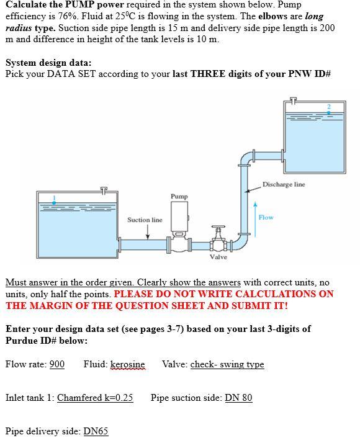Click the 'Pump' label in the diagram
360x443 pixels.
[x=179, y=196]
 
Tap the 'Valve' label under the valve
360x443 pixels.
[x=218, y=256]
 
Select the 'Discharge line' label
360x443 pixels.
[x=284, y=184]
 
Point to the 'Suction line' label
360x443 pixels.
[x=145, y=220]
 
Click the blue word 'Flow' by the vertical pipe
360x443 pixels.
[x=266, y=217]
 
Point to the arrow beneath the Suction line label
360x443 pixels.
[x=148, y=231]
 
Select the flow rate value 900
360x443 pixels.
[x=56, y=364]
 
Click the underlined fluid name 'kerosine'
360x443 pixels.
[x=127, y=364]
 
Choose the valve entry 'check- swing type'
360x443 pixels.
[x=227, y=364]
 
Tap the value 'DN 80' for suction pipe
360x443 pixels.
[x=238, y=398]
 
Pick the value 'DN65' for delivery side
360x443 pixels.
[x=96, y=431]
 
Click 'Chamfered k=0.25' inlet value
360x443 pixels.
[x=95, y=398]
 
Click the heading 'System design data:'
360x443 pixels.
[x=48, y=63]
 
